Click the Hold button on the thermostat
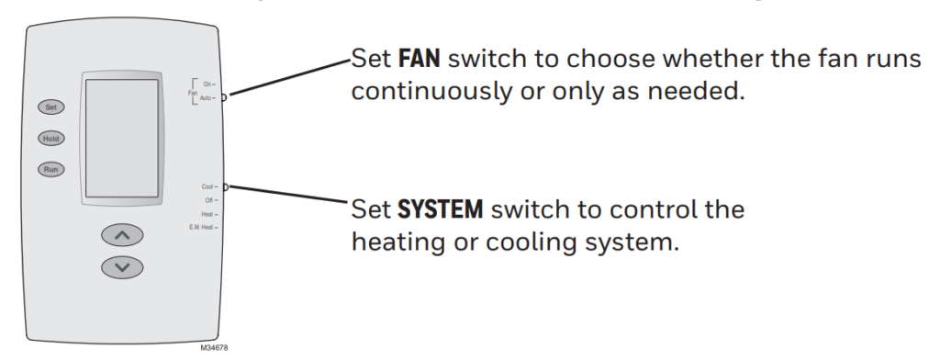[50, 138]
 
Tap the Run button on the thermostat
[50, 169]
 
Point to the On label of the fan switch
[208, 84]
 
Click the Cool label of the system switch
[207, 186]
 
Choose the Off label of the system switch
[209, 199]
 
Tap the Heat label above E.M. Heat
[207, 214]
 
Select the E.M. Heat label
[201, 227]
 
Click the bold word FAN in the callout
[420, 61]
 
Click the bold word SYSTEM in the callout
[440, 210]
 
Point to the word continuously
[421, 92]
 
